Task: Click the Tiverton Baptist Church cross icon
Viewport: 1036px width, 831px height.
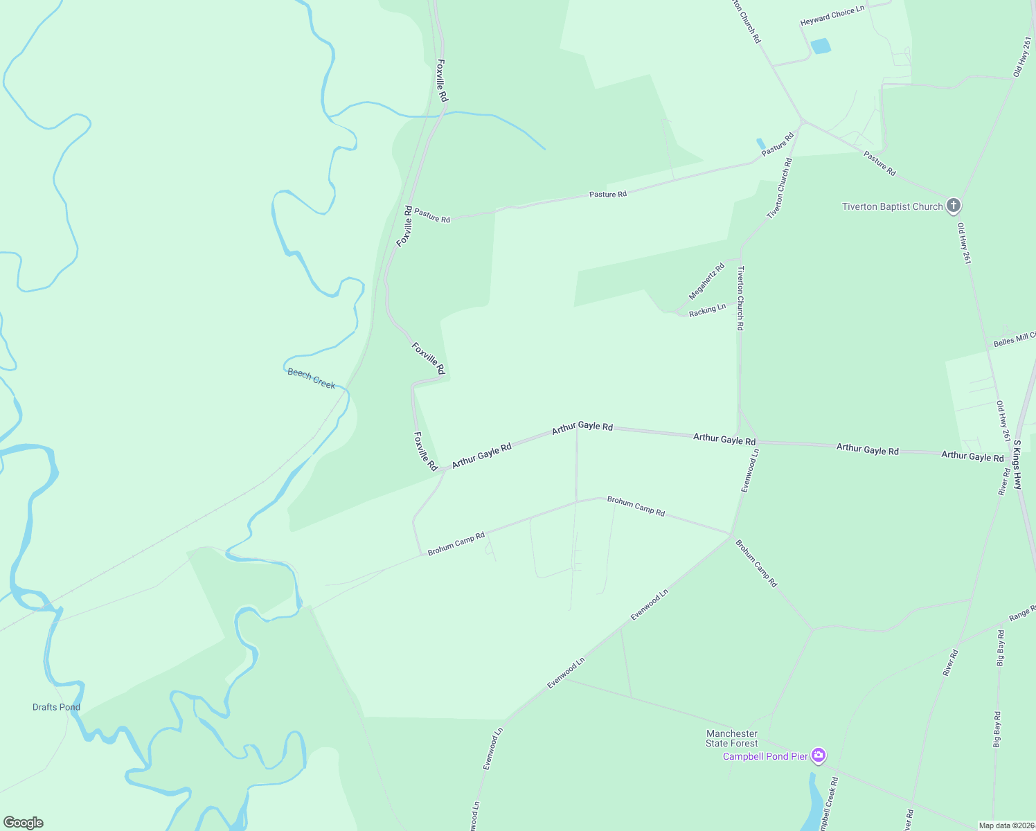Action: tap(954, 206)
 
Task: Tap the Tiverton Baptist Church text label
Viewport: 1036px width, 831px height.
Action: tap(892, 206)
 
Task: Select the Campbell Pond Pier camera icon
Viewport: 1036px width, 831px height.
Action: tap(819, 756)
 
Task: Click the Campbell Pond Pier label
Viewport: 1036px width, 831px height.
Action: tap(765, 756)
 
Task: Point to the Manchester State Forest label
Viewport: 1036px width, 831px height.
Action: tap(732, 738)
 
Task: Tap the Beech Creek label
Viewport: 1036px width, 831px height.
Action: tap(311, 378)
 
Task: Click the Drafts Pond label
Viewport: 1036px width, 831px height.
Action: tap(56, 707)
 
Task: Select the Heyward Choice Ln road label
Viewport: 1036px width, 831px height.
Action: tap(832, 16)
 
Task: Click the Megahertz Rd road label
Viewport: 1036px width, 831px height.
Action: tap(706, 281)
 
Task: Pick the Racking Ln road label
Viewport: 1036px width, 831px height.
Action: tap(707, 310)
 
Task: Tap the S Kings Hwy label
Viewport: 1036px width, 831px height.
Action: tap(1017, 465)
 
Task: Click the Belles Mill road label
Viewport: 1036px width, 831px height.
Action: tap(1014, 339)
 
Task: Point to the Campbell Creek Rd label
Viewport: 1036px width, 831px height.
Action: tap(828, 803)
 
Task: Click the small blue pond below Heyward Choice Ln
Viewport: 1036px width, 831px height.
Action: tap(821, 46)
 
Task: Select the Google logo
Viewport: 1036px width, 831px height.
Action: tap(23, 823)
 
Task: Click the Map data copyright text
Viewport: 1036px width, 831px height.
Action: tap(1005, 825)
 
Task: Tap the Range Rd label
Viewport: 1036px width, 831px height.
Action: tap(1021, 613)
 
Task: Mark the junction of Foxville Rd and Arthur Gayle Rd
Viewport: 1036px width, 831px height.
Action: tap(441, 470)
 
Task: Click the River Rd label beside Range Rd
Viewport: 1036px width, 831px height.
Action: tap(950, 663)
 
